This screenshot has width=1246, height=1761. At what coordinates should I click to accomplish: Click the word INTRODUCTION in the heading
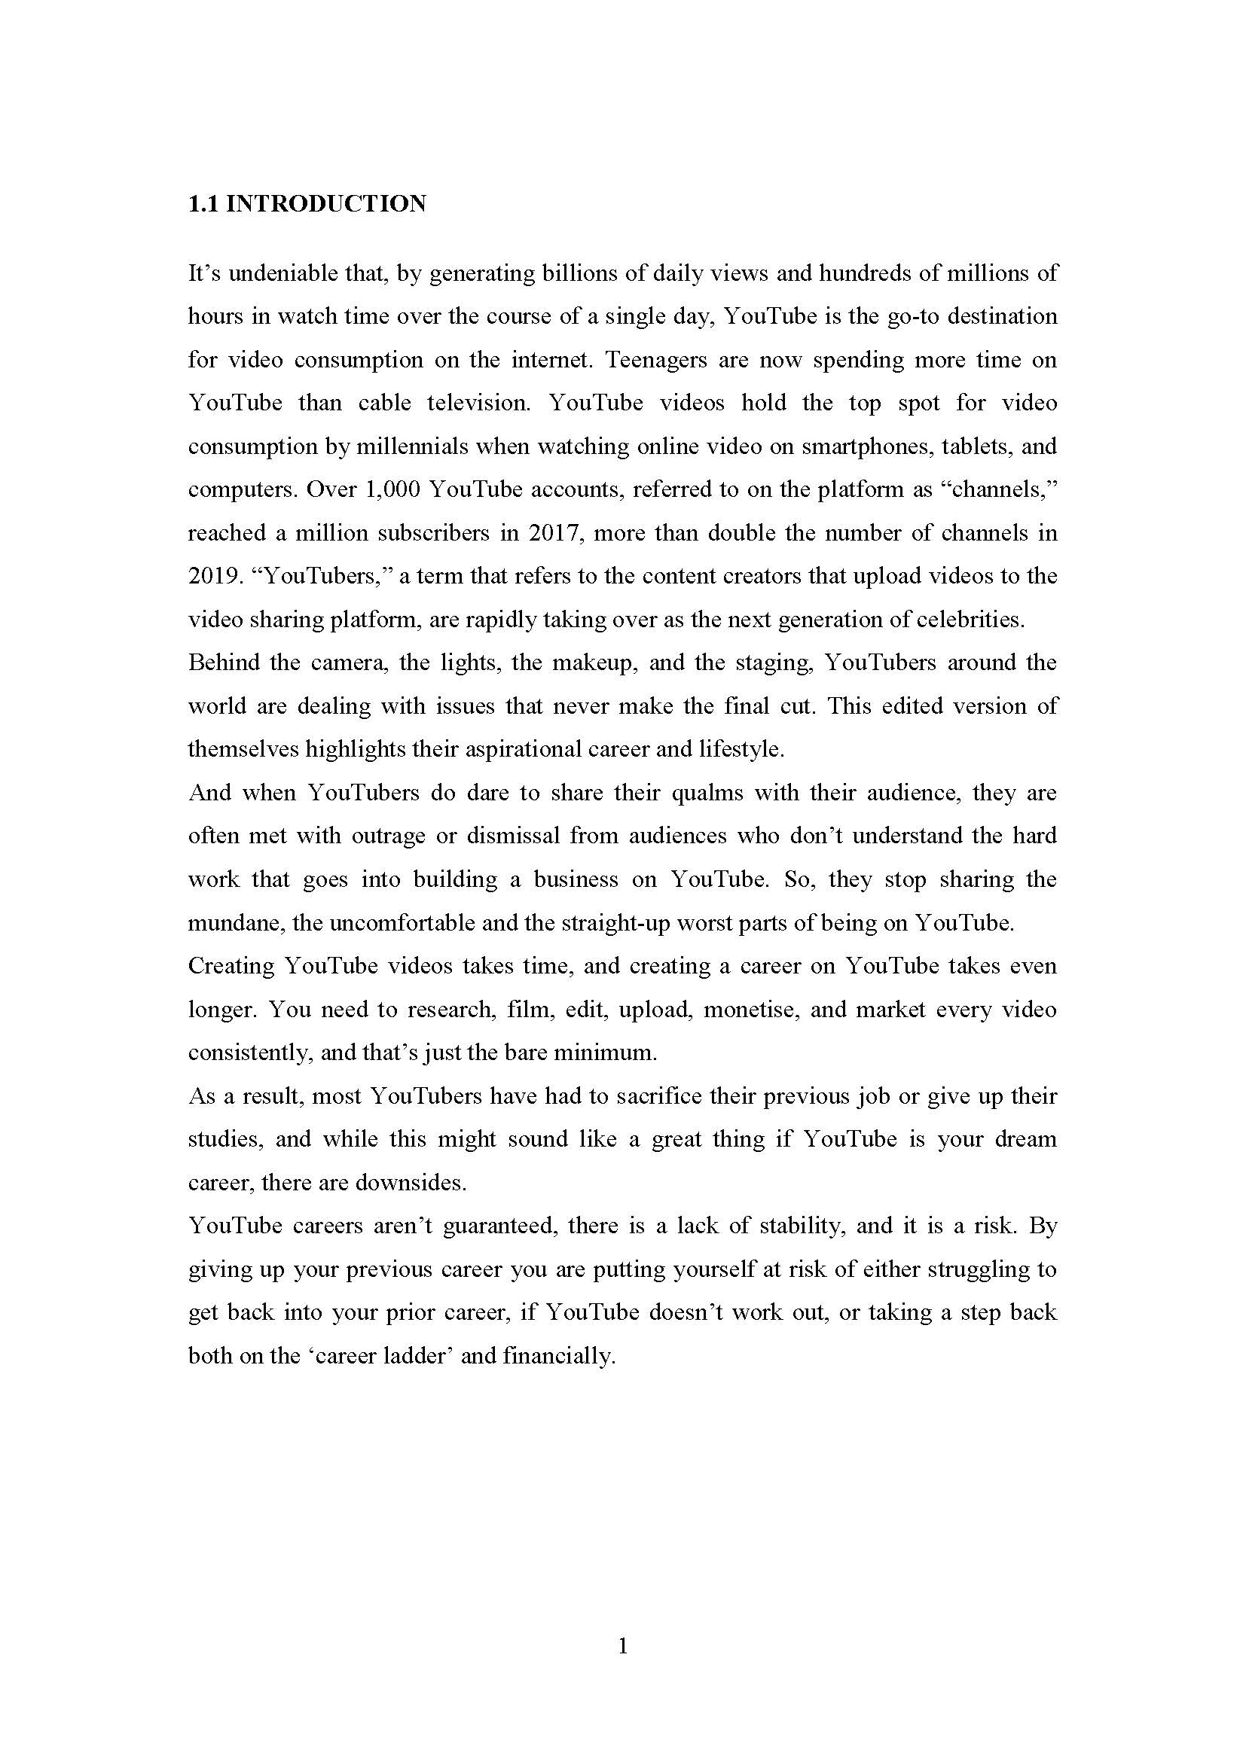coord(326,204)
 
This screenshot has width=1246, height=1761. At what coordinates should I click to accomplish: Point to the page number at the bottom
coord(623,1646)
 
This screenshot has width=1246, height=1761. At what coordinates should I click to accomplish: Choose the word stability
coord(801,1226)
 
